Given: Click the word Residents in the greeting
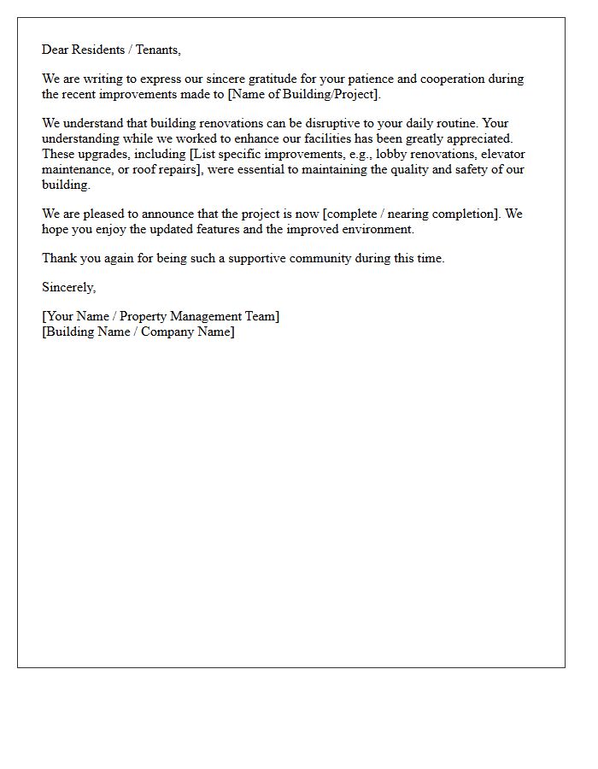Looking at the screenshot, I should (x=103, y=50).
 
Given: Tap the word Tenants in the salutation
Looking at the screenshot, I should (x=157, y=50).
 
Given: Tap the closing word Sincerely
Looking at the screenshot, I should (x=68, y=287).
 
